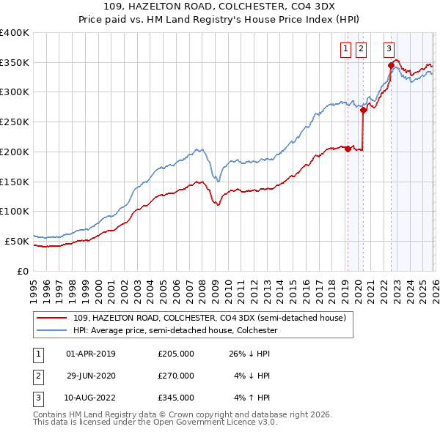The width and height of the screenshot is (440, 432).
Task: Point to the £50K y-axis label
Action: (17, 241)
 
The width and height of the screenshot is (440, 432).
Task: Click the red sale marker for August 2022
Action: (391, 66)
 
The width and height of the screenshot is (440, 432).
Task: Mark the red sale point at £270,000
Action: (363, 111)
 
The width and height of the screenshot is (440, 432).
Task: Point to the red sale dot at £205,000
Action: (347, 149)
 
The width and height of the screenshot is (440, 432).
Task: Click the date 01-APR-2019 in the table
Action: (91, 354)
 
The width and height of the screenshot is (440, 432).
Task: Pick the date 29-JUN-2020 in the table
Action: (91, 376)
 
